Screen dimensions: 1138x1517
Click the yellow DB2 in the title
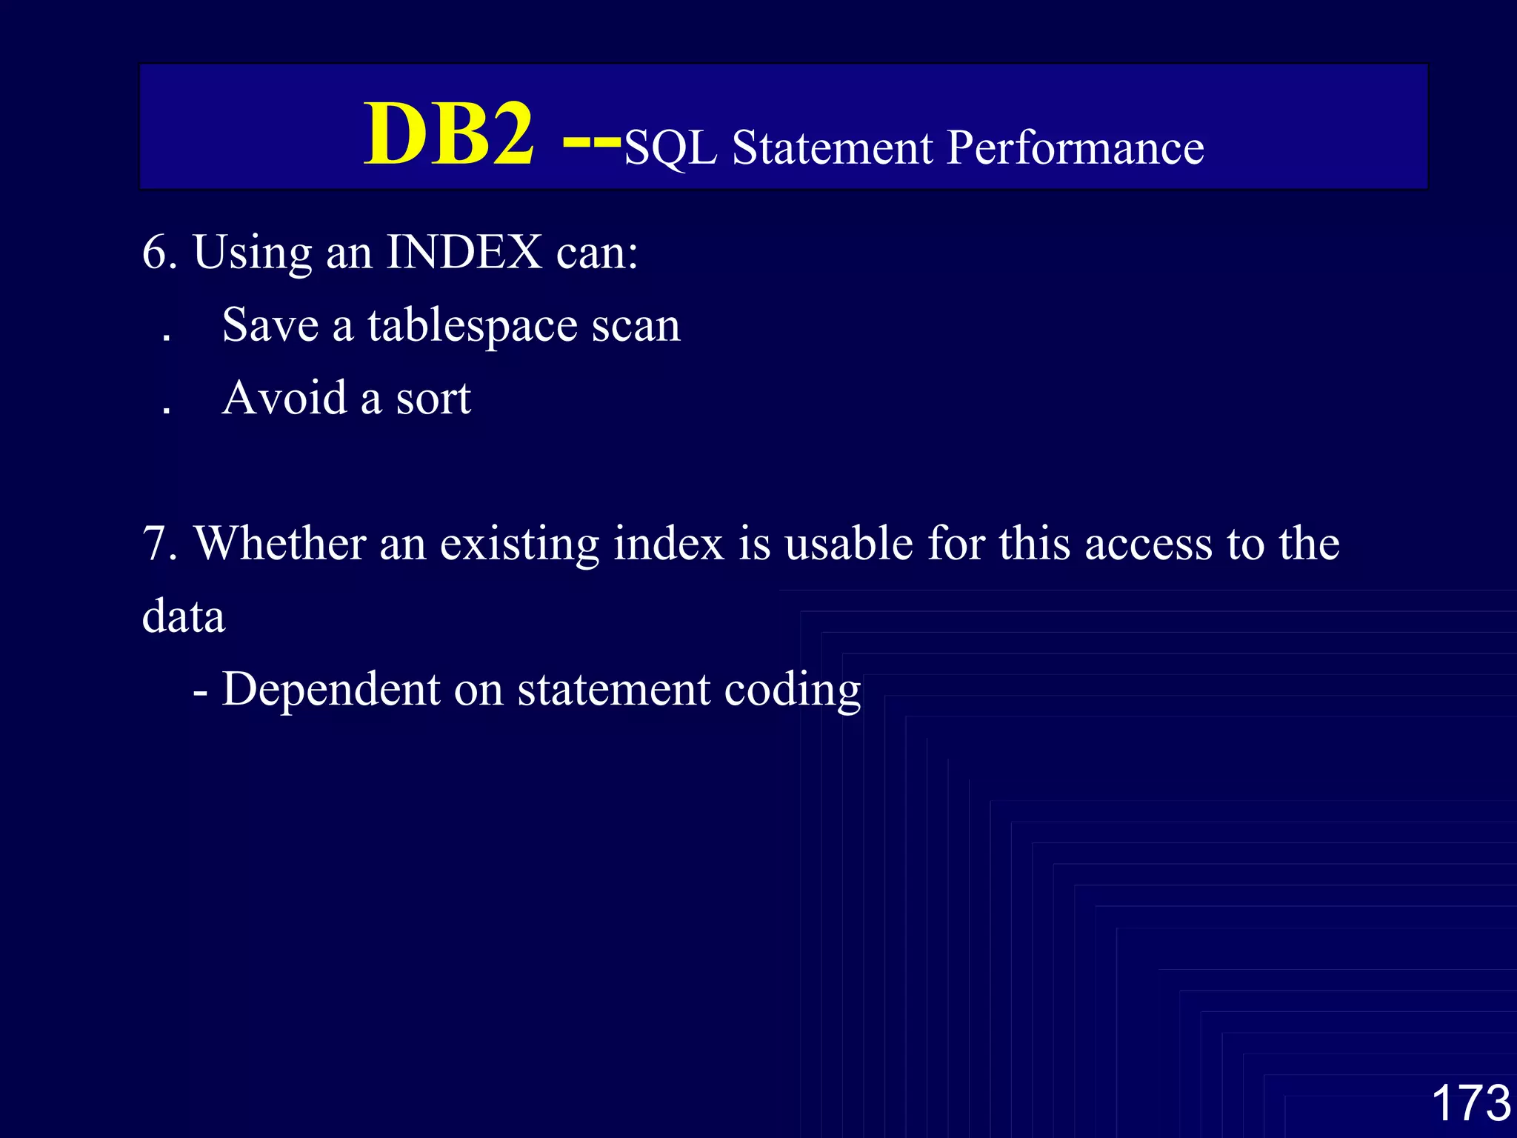point(449,135)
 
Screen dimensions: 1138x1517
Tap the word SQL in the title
point(670,148)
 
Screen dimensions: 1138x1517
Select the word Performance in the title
point(1076,148)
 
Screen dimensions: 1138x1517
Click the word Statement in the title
point(833,148)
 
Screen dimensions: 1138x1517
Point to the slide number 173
point(1470,1102)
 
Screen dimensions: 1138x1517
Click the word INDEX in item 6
point(464,253)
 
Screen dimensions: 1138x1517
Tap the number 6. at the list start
point(160,253)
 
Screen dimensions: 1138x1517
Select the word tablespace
point(472,326)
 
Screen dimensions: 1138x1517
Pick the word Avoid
point(284,398)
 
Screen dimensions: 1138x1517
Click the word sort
point(433,399)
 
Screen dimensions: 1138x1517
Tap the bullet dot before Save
point(167,338)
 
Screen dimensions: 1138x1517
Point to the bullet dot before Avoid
point(167,410)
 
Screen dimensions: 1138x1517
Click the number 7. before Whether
point(160,544)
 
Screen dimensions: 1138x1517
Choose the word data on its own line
point(184,616)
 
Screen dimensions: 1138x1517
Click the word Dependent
point(331,689)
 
